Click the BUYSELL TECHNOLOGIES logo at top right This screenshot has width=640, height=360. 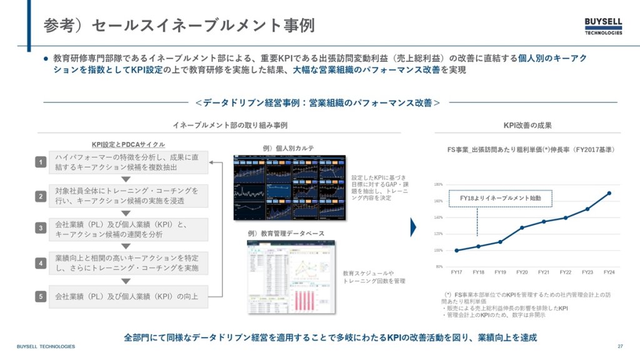(603, 26)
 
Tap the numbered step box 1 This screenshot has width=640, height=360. (40, 162)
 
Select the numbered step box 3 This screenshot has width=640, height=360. (40, 229)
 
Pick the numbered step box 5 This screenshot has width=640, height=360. (40, 297)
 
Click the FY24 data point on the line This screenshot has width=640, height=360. (609, 193)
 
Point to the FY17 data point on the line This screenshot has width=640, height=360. (456, 251)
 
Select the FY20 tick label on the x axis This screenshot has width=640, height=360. (522, 272)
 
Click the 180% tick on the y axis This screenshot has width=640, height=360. (438, 184)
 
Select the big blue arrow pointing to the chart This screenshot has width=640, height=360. (413, 227)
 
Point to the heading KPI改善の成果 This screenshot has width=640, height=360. (527, 126)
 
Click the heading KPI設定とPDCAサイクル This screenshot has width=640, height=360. (120, 144)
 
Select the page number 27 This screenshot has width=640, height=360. (620, 346)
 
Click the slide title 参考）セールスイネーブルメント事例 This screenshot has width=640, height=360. (179, 26)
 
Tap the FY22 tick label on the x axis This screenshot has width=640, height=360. (565, 272)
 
